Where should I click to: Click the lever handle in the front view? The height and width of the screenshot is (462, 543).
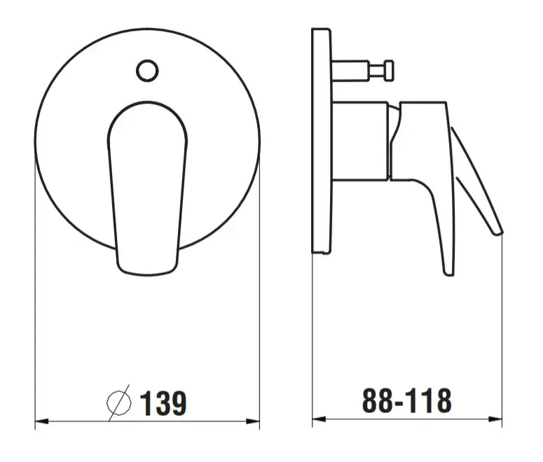(147, 188)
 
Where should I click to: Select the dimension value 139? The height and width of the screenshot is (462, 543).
(163, 402)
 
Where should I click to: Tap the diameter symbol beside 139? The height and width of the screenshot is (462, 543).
(119, 402)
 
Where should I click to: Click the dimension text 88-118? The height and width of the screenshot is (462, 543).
(406, 400)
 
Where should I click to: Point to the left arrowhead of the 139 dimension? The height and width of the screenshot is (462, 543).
(41, 421)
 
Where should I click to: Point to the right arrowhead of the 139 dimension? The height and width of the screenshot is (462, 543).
(253, 421)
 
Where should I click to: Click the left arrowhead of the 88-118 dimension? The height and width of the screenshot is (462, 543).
(319, 419)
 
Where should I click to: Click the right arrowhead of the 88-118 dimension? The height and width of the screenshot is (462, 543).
(495, 419)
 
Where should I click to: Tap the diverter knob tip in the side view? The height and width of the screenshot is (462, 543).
(389, 71)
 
